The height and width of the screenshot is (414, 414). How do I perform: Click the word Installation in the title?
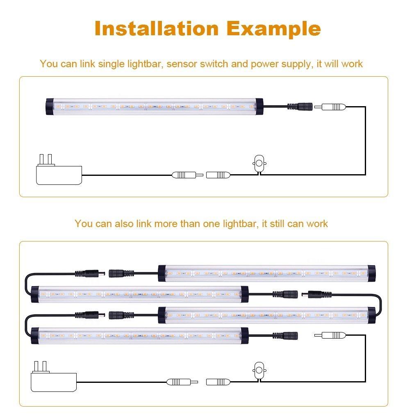click(x=157, y=28)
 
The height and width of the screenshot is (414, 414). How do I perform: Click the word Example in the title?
click(x=273, y=29)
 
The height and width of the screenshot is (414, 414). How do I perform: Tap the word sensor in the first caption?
click(x=182, y=64)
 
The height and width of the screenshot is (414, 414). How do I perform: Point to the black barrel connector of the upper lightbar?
click(x=300, y=107)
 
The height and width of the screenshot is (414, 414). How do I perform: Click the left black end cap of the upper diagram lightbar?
click(x=50, y=107)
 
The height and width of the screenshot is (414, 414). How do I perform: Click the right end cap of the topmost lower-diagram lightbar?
click(x=371, y=273)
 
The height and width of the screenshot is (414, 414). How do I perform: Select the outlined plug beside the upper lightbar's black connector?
click(x=330, y=107)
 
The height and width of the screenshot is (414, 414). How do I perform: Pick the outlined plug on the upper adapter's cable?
click(x=187, y=175)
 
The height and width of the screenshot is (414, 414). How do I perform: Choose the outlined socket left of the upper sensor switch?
click(x=218, y=175)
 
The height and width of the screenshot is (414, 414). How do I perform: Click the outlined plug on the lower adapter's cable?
click(x=182, y=382)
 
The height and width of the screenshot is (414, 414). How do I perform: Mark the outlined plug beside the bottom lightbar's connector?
click(x=330, y=335)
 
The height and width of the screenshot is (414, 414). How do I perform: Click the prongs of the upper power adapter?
click(x=45, y=160)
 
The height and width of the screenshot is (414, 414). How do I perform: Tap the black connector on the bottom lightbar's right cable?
click(x=285, y=336)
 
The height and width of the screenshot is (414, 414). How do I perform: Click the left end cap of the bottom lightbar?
click(x=35, y=336)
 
